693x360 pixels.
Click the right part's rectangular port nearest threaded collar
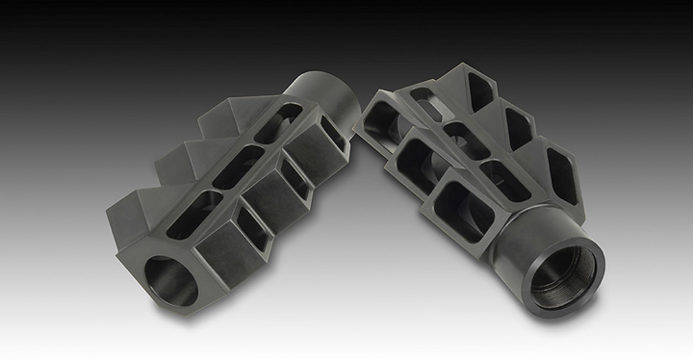click(x=452, y=207)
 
